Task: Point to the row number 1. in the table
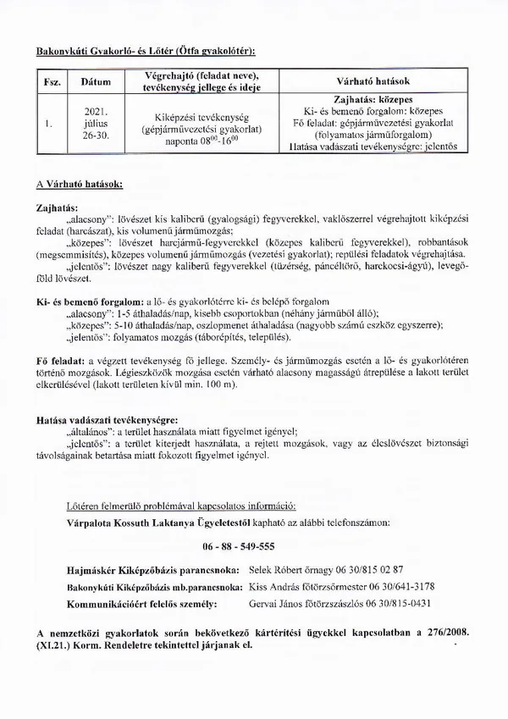point(50,123)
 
